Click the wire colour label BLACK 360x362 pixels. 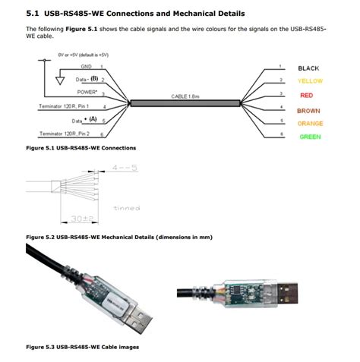(x=308, y=68)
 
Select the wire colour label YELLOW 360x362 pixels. (x=310, y=80)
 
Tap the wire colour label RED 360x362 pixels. (x=306, y=96)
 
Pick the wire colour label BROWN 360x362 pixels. (x=308, y=111)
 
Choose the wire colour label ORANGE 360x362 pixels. (x=310, y=123)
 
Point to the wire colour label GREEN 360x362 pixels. (x=309, y=137)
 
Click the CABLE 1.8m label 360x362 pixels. (x=186, y=96)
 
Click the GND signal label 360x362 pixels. (x=86, y=67)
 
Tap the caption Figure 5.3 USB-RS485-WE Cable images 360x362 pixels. (x=82, y=347)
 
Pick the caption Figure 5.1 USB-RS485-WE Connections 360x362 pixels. (x=81, y=147)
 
